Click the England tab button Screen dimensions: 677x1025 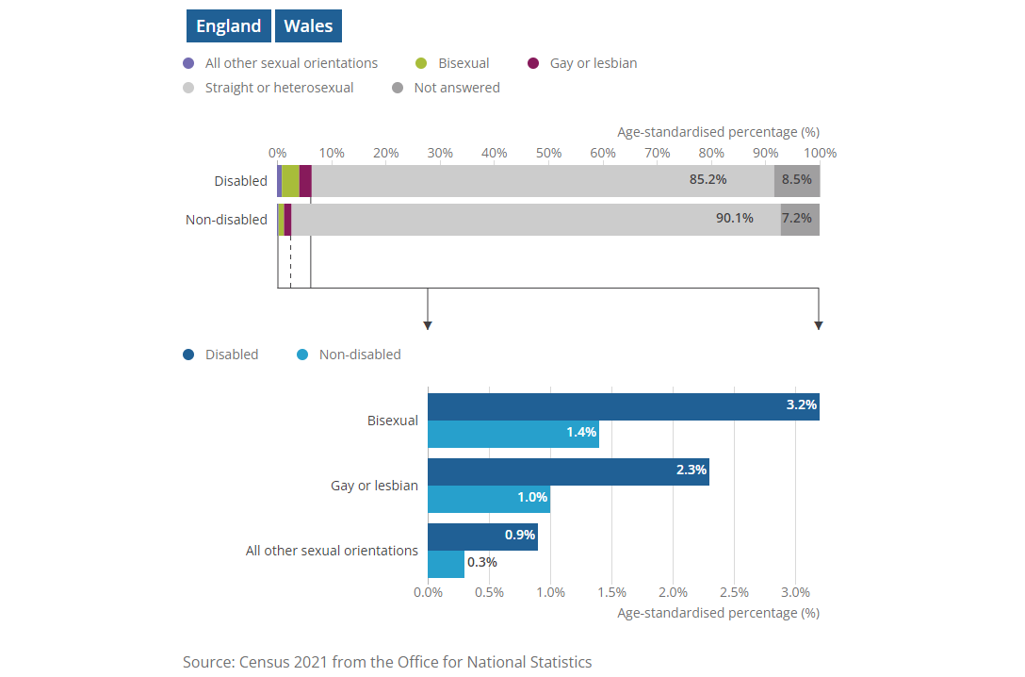pos(228,26)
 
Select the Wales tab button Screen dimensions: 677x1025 pos(308,26)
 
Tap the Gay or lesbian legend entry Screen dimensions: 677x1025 pos(582,63)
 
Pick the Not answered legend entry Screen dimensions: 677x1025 pos(446,88)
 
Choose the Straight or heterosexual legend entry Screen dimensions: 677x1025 pos(268,88)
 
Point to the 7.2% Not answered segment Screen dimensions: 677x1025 pos(800,220)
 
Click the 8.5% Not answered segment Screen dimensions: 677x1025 pos(797,181)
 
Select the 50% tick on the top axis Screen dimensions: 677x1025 pos(548,153)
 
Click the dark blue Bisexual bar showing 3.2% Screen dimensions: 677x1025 pos(622,406)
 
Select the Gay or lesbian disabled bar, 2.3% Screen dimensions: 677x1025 pos(567,471)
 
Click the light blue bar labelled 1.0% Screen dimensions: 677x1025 pos(488,499)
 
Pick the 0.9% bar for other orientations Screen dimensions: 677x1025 pos(481,537)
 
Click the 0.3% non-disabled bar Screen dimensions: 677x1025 pos(446,564)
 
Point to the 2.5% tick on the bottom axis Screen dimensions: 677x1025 pos(734,592)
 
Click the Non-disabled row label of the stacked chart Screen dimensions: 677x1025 pos(226,220)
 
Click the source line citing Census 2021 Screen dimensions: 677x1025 pos(387,662)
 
